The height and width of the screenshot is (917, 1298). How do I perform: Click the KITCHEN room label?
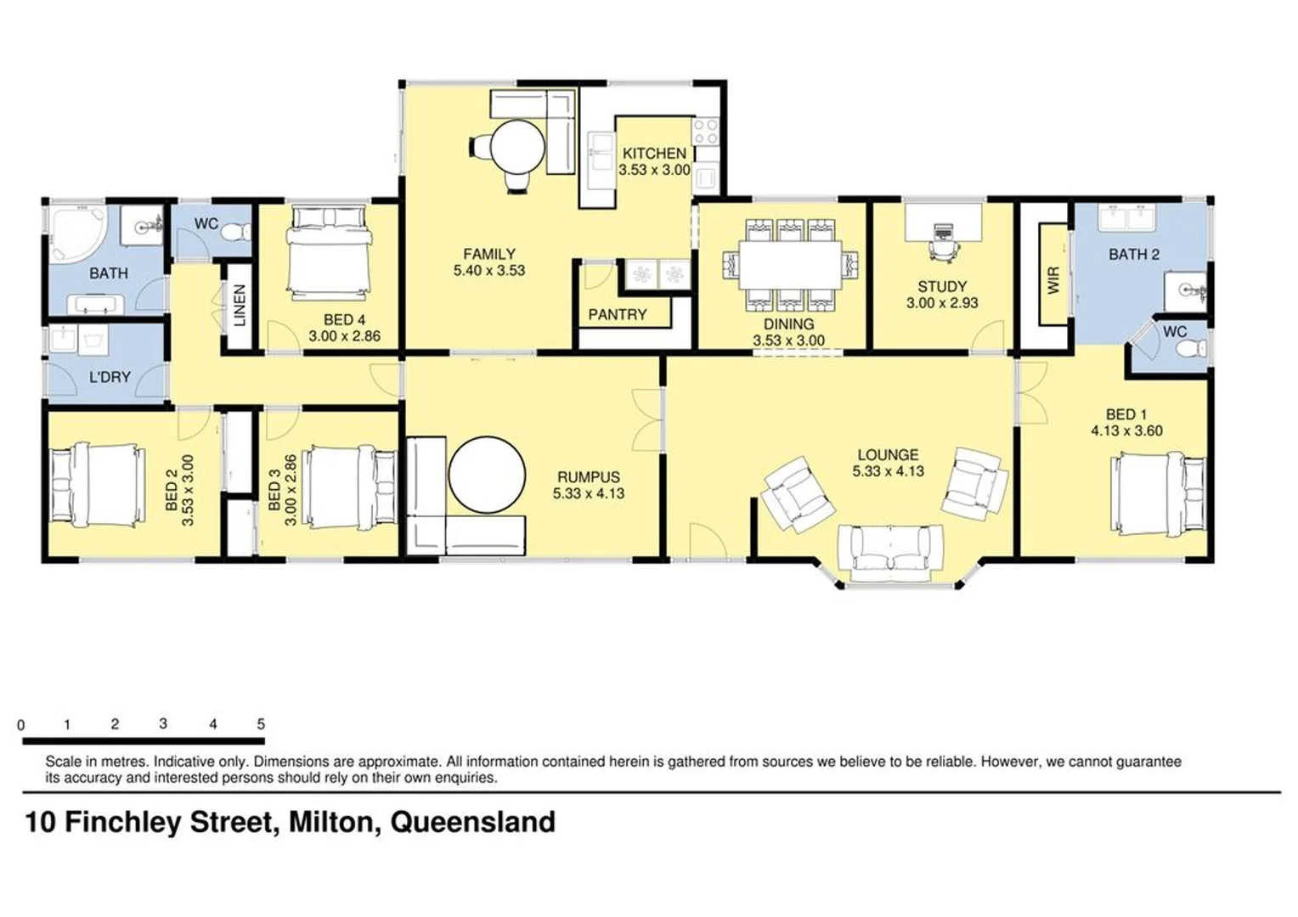coord(654,154)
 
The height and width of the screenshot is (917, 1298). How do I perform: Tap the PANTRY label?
coord(618,314)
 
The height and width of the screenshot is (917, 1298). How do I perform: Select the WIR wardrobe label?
coord(1054,279)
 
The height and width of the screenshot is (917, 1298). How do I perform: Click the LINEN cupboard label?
coord(240,306)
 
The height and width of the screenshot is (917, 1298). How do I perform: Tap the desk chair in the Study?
coord(943,245)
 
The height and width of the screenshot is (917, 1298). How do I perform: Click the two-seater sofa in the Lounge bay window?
coord(889,549)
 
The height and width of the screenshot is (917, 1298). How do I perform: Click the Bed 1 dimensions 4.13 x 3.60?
coord(1126,430)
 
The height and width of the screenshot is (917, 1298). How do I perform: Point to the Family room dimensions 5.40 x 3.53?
coord(489,271)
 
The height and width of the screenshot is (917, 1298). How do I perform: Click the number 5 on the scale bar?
coord(261,724)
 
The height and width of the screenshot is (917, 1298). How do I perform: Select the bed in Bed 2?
coord(94,484)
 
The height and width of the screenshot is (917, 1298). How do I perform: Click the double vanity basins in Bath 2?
coord(1126,218)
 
